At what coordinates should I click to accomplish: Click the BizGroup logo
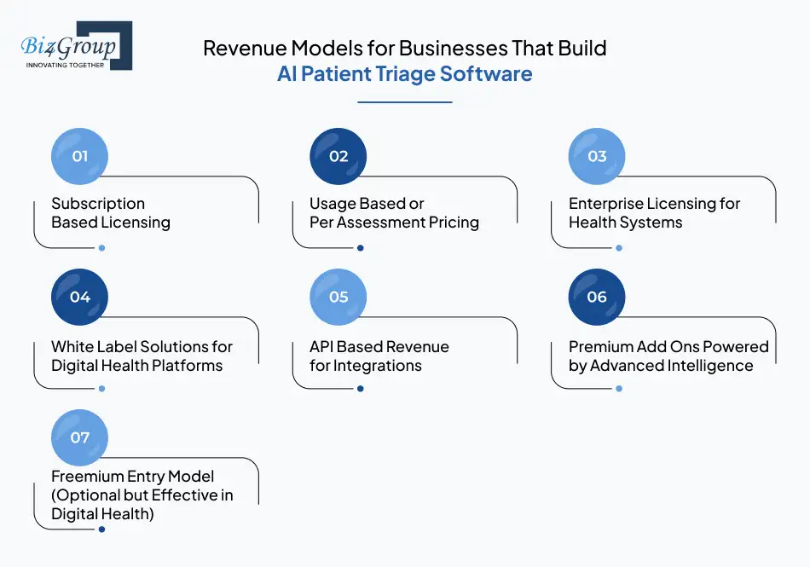pyautogui.click(x=76, y=45)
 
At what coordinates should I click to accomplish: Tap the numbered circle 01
pyautogui.click(x=80, y=156)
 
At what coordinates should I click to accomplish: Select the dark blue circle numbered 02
pyautogui.click(x=338, y=156)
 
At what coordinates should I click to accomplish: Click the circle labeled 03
pyautogui.click(x=597, y=156)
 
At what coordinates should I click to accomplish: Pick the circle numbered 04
pyautogui.click(x=80, y=297)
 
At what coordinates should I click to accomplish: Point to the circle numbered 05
pyautogui.click(x=338, y=297)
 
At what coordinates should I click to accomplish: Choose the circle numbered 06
pyautogui.click(x=597, y=297)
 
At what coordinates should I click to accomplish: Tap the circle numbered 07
pyautogui.click(x=80, y=437)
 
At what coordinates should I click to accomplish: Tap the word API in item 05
pyautogui.click(x=321, y=347)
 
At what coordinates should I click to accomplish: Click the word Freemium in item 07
pyautogui.click(x=90, y=477)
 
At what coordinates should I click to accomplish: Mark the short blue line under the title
pyautogui.click(x=404, y=102)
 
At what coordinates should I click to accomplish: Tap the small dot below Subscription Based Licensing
pyautogui.click(x=101, y=248)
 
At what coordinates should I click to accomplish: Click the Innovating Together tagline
pyautogui.click(x=66, y=65)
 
